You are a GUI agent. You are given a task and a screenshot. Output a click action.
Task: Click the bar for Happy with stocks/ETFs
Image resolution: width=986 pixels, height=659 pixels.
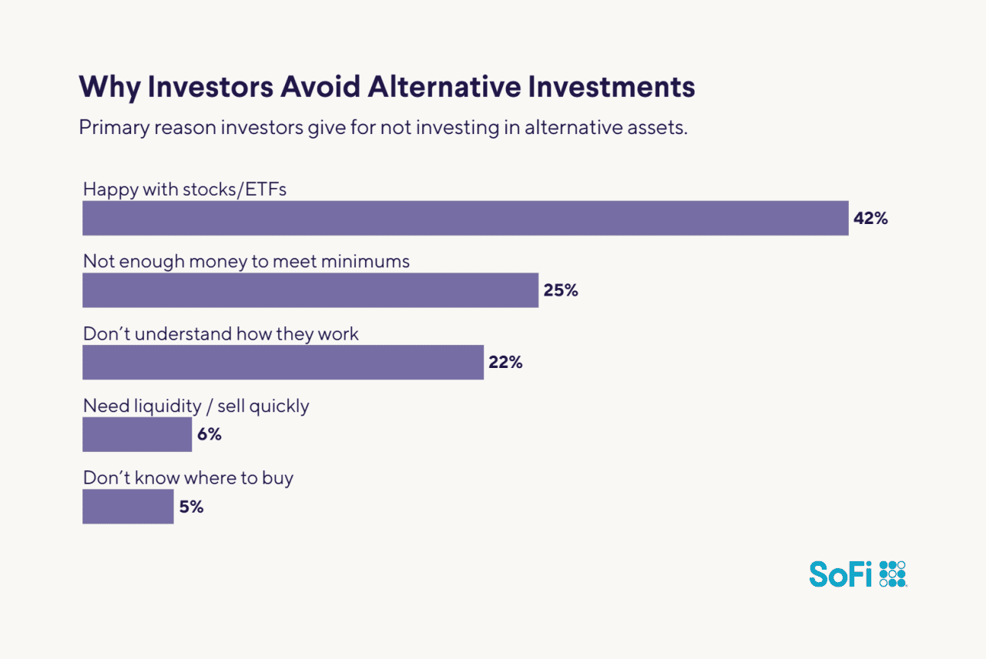[465, 218]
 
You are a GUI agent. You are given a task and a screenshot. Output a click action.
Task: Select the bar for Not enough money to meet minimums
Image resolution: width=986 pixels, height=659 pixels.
[310, 290]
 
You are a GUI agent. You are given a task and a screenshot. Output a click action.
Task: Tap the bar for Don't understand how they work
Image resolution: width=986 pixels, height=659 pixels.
[283, 363]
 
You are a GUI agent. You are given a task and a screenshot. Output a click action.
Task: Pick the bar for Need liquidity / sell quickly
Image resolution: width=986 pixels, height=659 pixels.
[137, 434]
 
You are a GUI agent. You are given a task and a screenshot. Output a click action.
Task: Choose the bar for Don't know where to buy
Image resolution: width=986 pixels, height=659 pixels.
[128, 507]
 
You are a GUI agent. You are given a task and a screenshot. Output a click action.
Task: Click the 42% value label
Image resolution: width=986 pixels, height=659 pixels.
[870, 219]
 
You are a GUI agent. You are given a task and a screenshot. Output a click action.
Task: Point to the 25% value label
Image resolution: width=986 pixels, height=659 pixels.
[560, 291]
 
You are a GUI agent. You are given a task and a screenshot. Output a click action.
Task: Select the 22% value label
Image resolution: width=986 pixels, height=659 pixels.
[505, 363]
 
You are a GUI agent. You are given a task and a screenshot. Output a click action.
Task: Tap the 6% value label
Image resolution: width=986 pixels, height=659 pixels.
[209, 435]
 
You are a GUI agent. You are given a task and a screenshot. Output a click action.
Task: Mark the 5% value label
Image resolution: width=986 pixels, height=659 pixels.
[191, 507]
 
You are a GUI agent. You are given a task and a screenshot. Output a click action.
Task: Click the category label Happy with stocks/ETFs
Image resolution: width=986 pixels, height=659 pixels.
[185, 189]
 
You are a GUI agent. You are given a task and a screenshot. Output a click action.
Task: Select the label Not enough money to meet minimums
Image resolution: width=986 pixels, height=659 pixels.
[246, 262]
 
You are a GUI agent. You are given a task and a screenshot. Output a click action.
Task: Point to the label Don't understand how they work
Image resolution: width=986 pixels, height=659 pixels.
[221, 334]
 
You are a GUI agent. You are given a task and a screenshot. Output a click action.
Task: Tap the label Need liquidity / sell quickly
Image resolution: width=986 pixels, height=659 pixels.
[196, 406]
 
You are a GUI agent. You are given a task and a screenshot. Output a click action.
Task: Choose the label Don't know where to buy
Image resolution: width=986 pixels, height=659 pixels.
[188, 478]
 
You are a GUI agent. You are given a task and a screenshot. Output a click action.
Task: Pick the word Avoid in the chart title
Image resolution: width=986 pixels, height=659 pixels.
[320, 87]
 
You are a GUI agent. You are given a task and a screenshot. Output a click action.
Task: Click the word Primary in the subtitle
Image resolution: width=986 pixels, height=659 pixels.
[113, 128]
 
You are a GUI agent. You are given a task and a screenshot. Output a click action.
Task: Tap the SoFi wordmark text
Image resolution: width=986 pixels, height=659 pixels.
[841, 574]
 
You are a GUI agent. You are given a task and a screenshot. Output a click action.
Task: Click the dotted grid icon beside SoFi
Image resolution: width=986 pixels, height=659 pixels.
[893, 574]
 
